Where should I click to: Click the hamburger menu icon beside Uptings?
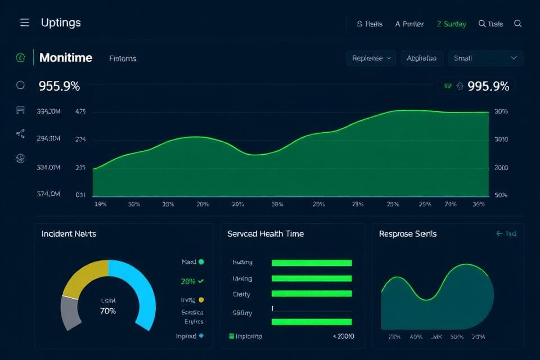pos(24,22)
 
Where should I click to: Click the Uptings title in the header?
pos(61,23)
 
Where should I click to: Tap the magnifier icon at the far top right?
pos(518,24)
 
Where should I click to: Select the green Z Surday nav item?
pos(451,24)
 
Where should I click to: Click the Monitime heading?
pos(66,58)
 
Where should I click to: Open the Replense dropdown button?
pos(371,58)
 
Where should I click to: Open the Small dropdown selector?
pos(485,58)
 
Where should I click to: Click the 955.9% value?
pos(59,87)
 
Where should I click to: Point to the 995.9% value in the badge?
pos(488,86)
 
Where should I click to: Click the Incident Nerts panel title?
pos(69,233)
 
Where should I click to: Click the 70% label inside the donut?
pos(107,311)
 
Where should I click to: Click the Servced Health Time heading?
pos(265,233)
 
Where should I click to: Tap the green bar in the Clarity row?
pos(311,294)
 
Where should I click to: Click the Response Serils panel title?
pos(407,233)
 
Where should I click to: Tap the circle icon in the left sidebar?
pos(21,85)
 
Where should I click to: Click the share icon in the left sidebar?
pos(21,133)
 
